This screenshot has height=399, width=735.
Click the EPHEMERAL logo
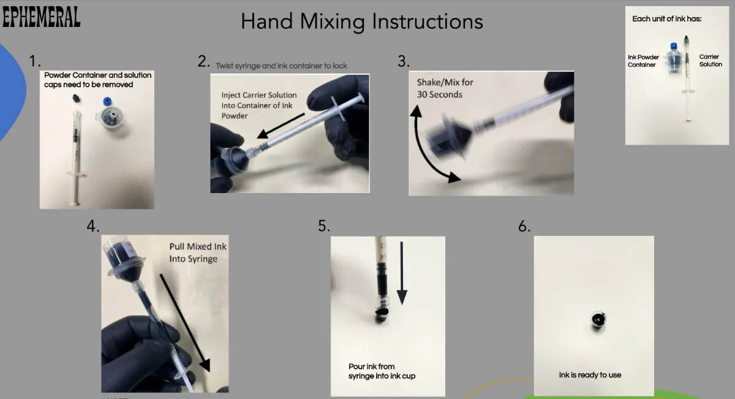tap(42, 17)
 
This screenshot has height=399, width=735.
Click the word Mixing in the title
tap(333, 22)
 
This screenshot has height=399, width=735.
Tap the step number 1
tap(34, 61)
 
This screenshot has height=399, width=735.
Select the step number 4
tap(93, 226)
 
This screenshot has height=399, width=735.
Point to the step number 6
tap(524, 226)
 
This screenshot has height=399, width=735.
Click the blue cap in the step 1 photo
tap(107, 102)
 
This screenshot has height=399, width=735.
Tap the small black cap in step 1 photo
tap(77, 98)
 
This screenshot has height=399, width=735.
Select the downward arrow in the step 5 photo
tap(402, 273)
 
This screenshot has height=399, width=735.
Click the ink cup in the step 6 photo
tap(598, 320)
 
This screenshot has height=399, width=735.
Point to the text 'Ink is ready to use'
tap(590, 375)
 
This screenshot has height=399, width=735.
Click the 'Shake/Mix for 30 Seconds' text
tap(445, 88)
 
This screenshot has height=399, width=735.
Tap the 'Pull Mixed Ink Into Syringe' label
tap(197, 253)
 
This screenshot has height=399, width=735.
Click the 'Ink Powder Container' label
tap(643, 61)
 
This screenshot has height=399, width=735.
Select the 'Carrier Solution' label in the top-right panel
tap(710, 61)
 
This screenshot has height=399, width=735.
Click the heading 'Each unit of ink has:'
tap(667, 19)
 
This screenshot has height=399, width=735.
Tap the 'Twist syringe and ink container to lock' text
tap(281, 66)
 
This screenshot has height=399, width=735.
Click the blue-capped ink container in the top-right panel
tap(674, 59)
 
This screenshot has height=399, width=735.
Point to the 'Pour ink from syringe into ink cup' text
tap(382, 371)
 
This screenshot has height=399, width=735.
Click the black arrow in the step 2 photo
tap(281, 126)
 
